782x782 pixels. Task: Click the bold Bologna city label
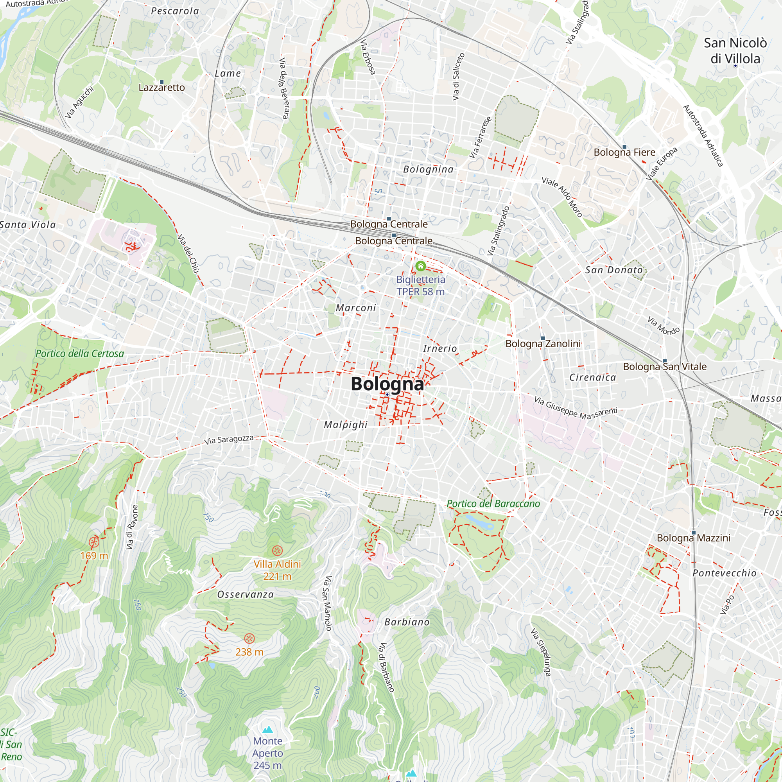coord(387,384)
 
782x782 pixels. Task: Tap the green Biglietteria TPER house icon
coord(421,266)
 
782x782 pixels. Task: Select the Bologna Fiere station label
coord(624,152)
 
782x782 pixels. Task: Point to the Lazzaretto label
coord(161,88)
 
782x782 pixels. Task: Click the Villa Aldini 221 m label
coord(277,570)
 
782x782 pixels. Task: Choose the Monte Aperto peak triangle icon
coord(267,730)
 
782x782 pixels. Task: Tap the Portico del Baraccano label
coord(493,504)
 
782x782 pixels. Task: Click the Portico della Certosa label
coord(80,353)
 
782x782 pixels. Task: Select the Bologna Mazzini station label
coord(693,538)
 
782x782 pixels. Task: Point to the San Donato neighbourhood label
coord(613,270)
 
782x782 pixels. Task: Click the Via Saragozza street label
coord(229,439)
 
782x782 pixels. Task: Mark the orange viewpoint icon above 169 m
coord(94,542)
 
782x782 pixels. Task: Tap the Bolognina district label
coord(428,169)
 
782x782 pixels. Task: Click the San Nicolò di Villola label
coord(735,50)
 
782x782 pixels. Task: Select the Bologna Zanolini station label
coord(543,344)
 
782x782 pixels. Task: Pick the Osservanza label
coord(245,595)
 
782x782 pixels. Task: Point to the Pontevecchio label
coord(724,573)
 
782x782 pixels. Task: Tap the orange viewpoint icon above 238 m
coord(250,639)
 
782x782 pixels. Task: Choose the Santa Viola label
coord(27,225)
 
